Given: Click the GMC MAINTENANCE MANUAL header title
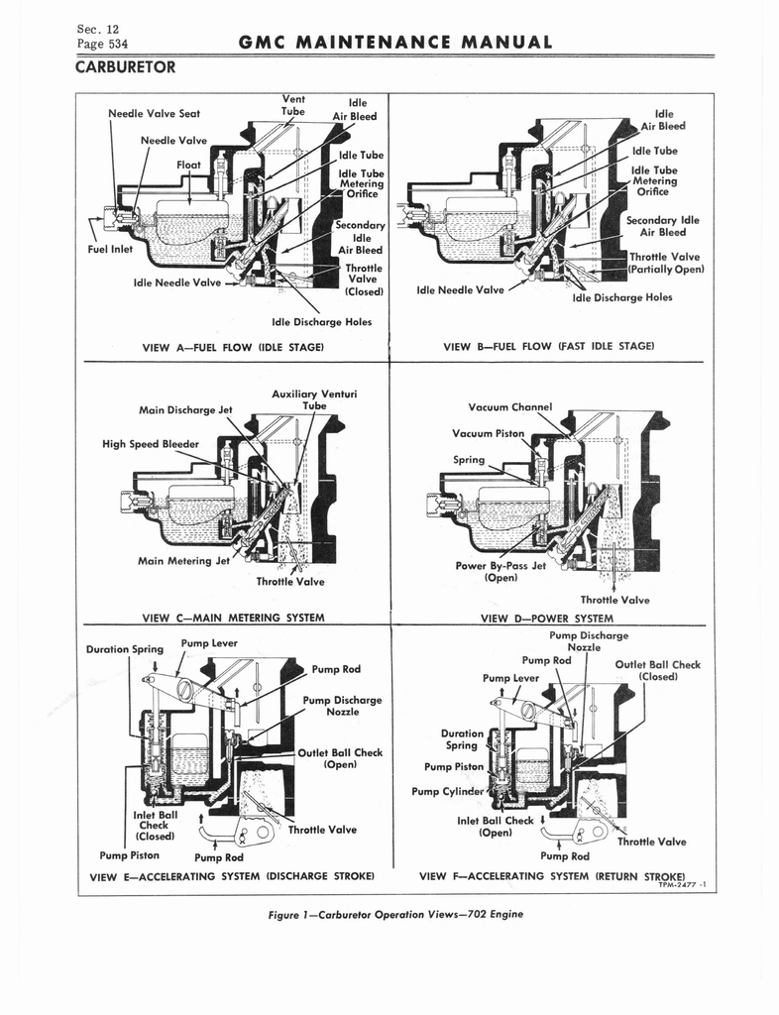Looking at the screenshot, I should pos(395,43).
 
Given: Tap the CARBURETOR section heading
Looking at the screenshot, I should pos(125,67).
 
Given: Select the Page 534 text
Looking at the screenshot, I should pos(102,44).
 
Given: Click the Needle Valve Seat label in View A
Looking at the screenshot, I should pos(154,113).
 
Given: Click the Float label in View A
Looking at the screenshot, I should pos(188,165).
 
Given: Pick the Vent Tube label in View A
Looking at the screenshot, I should pos(293,105).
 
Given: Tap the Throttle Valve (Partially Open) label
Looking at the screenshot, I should pos(665,263).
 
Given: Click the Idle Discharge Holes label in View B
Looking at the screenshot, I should pos(622,296).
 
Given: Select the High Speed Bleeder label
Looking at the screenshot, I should pos(151,443).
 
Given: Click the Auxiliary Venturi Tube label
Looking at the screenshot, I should pos(314,399).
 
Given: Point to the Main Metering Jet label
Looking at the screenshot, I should pos(183,561).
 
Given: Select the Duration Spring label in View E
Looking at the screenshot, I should pos(124,649).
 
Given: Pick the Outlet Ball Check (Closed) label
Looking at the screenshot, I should pos(657,671).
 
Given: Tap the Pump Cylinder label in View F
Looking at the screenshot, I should pos(450,791).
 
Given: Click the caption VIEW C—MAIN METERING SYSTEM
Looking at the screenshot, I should pos(234,619).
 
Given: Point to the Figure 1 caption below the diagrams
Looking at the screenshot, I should pos(395,914).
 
